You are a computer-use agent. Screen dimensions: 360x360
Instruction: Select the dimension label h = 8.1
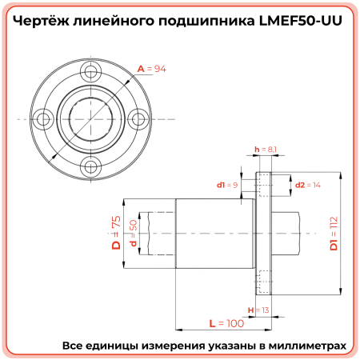pyautogui.click(x=266, y=150)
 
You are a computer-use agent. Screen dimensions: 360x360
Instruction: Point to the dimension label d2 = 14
pyautogui.click(x=307, y=185)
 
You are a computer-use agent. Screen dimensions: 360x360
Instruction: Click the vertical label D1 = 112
pyautogui.click(x=334, y=233)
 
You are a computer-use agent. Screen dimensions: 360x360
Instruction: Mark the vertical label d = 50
pyautogui.click(x=133, y=233)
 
